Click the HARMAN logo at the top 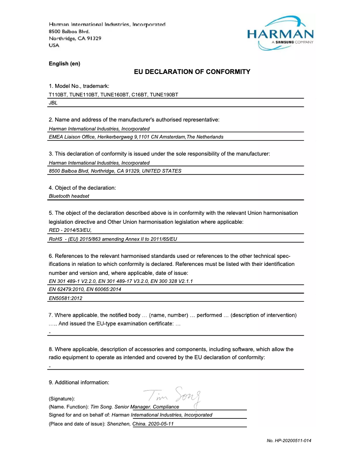[x=280, y=33]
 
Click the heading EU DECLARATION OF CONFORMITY [x=192, y=72]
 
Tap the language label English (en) [x=64, y=64]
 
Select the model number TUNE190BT [x=164, y=95]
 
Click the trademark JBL [x=53, y=103]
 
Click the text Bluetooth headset [x=69, y=196]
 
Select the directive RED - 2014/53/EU [x=67, y=230]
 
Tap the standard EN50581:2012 [x=66, y=298]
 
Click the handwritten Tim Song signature [x=172, y=395]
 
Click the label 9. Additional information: [x=79, y=382]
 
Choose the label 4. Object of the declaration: [x=82, y=187]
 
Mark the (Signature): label [x=61, y=399]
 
